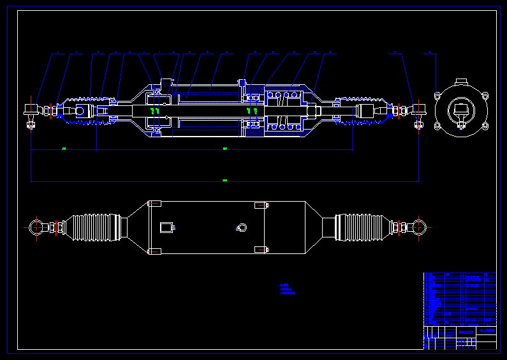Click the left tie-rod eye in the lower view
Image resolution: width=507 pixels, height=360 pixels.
(x=36, y=227)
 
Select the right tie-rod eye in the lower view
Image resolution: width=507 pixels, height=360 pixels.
(x=418, y=227)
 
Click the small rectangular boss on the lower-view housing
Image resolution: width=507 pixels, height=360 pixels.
(x=168, y=227)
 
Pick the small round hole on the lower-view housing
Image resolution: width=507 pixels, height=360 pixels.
(x=240, y=227)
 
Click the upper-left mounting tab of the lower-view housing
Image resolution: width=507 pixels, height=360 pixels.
(x=154, y=204)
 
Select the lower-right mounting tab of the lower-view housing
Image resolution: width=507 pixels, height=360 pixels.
(x=260, y=250)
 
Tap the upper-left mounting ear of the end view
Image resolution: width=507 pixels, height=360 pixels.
(x=437, y=96)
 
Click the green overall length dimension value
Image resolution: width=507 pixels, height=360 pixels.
(x=224, y=181)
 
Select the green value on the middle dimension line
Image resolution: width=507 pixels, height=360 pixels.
(x=224, y=149)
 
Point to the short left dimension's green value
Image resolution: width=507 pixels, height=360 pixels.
(x=64, y=149)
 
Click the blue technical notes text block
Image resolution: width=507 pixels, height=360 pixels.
(x=288, y=289)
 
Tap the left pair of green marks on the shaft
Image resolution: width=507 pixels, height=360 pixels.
(x=154, y=110)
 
